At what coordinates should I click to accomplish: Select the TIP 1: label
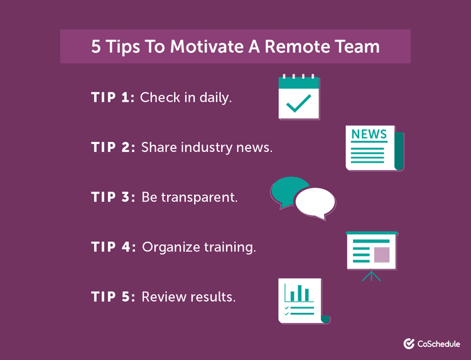[112, 97]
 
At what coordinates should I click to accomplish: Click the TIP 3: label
[113, 197]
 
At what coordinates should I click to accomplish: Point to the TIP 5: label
[113, 297]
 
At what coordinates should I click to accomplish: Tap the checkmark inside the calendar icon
[298, 104]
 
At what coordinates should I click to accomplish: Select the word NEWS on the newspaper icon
[369, 134]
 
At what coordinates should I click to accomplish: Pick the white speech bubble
[315, 202]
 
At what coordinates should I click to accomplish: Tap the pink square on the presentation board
[382, 254]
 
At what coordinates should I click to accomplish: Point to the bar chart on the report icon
[299, 293]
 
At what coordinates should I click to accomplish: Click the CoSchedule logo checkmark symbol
[409, 344]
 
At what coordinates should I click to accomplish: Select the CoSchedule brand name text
[439, 344]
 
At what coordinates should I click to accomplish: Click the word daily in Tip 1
[215, 97]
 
